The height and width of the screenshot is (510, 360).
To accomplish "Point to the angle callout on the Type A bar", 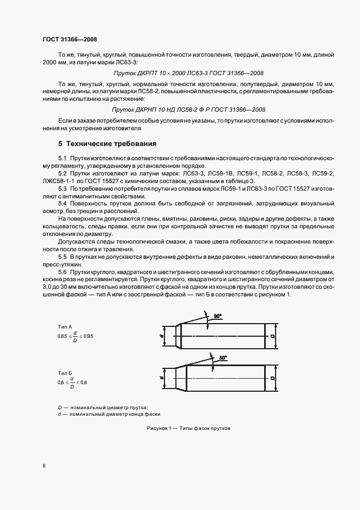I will tap(218, 316).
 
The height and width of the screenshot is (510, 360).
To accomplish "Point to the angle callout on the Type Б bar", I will tap(222, 357).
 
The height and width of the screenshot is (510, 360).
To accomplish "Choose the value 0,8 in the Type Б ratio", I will tap(83, 383).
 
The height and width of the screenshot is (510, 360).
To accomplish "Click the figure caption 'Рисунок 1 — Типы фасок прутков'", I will tap(188, 428).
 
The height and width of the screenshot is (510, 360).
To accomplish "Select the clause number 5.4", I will tap(62, 203).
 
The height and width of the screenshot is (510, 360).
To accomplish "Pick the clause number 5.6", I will tap(62, 271).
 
